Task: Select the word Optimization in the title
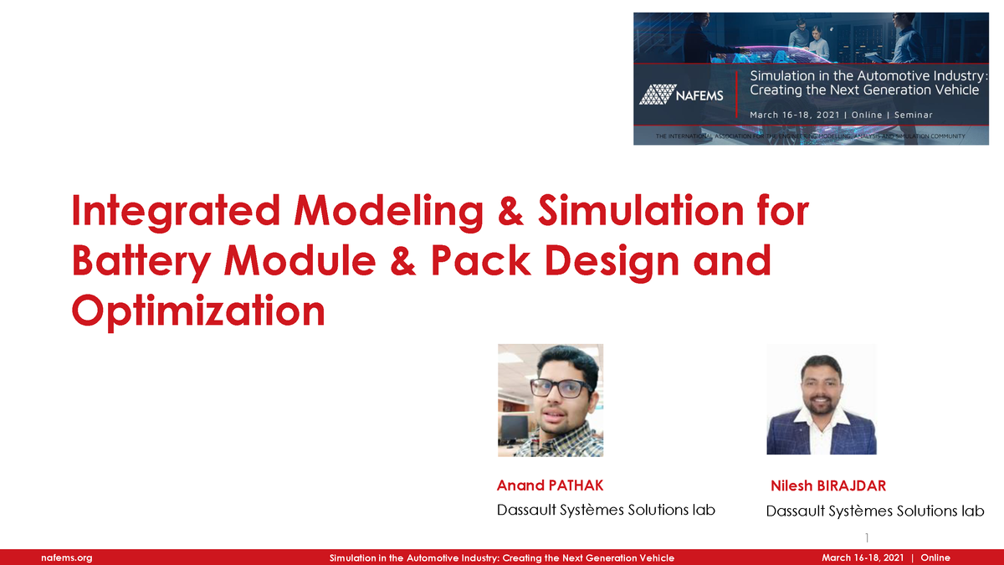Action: point(198,311)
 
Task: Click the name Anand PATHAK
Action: point(550,485)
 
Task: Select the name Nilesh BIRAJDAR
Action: point(827,486)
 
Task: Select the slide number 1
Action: point(868,537)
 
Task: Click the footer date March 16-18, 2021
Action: point(863,557)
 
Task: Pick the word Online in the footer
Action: point(935,557)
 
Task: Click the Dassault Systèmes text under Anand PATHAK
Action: point(606,510)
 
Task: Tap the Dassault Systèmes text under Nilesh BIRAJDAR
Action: point(874,511)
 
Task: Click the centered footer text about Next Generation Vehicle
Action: point(501,557)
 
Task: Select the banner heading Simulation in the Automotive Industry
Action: point(868,76)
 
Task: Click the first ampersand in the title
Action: point(506,212)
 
